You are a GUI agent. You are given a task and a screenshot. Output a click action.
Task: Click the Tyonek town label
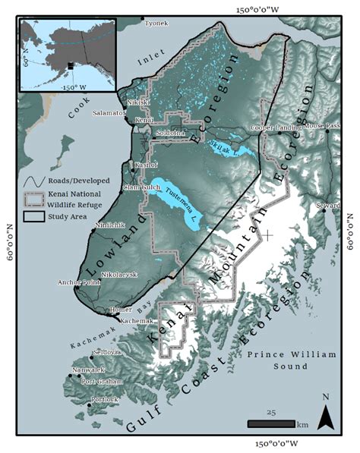click(x=156, y=23)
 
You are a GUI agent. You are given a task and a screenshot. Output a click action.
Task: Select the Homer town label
click(x=120, y=310)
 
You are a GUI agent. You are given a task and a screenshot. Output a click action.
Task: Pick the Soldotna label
click(x=170, y=133)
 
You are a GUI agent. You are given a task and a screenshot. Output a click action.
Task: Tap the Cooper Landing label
click(x=276, y=127)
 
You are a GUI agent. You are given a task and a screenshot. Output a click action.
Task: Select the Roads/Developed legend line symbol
click(x=33, y=182)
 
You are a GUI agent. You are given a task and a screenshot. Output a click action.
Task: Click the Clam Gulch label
click(x=139, y=187)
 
